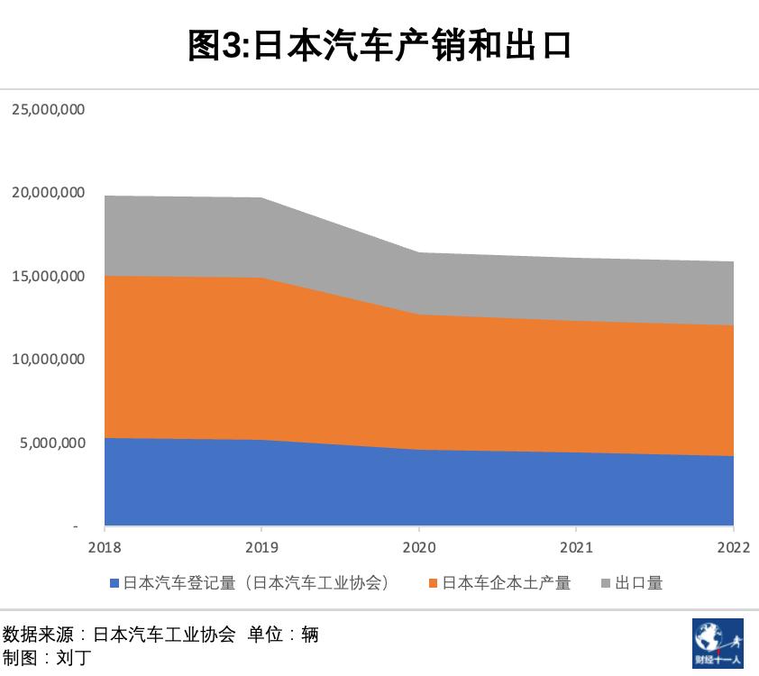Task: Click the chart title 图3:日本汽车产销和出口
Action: [379, 44]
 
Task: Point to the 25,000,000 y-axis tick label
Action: [49, 109]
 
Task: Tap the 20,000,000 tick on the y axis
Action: [49, 193]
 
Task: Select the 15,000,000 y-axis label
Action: [49, 276]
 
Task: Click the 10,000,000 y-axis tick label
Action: [49, 360]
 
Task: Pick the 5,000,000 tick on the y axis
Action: [52, 443]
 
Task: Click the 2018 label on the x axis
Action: [105, 547]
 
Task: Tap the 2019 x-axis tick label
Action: [261, 547]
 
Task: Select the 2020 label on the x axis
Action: [419, 547]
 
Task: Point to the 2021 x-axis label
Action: [576, 547]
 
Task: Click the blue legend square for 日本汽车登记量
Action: [114, 584]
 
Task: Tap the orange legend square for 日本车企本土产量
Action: [434, 584]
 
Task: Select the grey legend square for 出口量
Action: [607, 584]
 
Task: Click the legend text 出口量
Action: [639, 583]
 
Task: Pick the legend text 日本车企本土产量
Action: [507, 583]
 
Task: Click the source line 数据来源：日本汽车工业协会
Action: [119, 635]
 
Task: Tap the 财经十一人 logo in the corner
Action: [718, 643]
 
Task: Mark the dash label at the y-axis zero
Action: [76, 526]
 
